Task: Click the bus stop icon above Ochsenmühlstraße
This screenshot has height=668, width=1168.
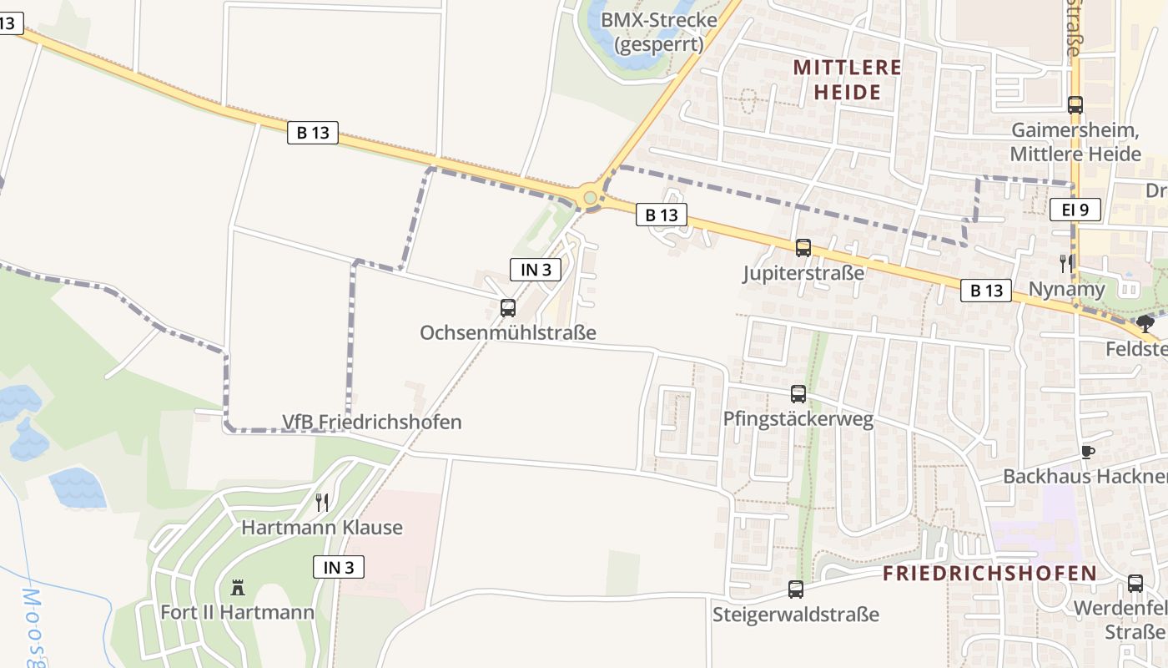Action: (507, 307)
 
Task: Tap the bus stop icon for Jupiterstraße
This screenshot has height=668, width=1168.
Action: (803, 247)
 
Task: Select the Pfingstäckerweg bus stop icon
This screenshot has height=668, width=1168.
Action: (798, 393)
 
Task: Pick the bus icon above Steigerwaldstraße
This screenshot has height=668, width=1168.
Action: (795, 589)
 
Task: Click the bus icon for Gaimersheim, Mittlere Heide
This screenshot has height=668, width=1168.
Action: (1075, 105)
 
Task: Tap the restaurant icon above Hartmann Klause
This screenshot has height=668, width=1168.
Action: (322, 502)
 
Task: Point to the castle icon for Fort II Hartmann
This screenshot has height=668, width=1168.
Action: (238, 587)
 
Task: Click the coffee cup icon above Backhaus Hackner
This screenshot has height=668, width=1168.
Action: (1087, 452)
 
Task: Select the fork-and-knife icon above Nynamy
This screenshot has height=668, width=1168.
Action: (1066, 263)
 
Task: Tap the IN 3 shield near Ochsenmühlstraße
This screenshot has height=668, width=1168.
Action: (535, 269)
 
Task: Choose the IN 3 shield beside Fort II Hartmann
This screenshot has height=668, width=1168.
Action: (339, 567)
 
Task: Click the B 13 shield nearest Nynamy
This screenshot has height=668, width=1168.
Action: (986, 291)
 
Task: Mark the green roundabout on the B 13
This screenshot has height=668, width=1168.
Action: (590, 198)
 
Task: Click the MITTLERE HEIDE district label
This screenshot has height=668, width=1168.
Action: (847, 79)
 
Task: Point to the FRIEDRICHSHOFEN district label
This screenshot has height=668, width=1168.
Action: (989, 573)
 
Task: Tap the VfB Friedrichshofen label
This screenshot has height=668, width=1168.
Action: (371, 422)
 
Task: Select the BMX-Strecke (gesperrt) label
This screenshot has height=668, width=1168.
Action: (659, 32)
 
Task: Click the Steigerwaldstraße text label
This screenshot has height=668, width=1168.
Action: (796, 615)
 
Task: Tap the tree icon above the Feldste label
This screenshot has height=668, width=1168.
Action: (1145, 323)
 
